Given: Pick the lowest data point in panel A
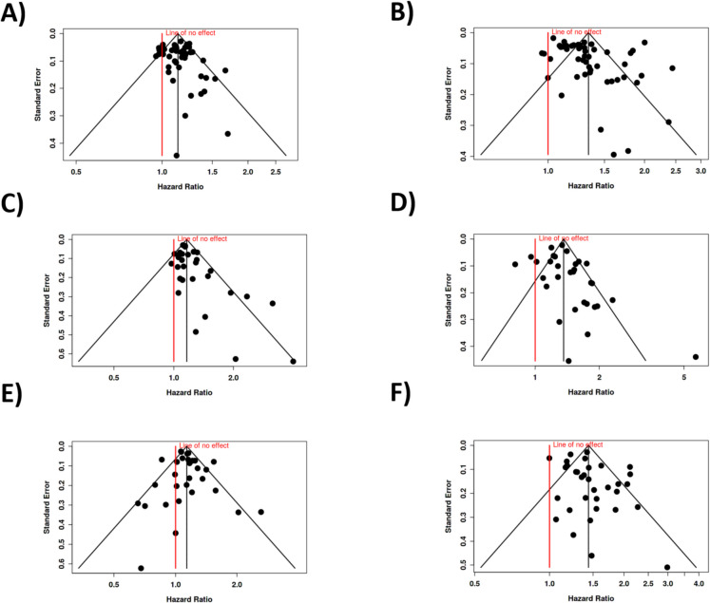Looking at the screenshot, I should click(177, 155).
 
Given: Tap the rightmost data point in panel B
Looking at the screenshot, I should click(672, 68).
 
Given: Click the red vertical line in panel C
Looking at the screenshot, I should click(173, 304).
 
